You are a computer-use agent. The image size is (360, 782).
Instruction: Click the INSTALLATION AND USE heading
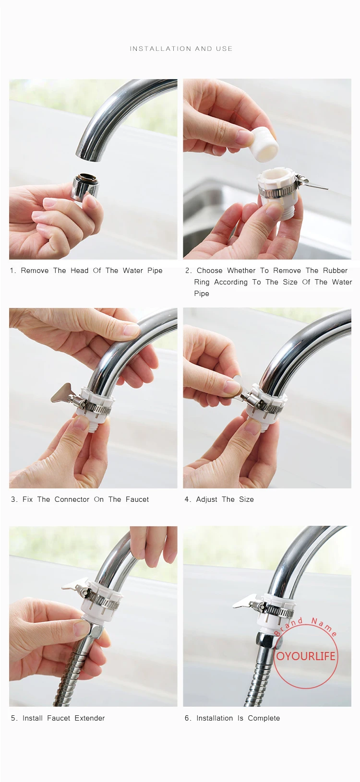[181, 48]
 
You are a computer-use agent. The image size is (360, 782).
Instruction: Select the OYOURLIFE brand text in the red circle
[306, 656]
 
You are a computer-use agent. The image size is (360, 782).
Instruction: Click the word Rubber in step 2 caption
[335, 271]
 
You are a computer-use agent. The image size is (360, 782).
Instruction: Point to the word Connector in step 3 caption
[72, 499]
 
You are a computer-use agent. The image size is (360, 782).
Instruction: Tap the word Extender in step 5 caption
[90, 718]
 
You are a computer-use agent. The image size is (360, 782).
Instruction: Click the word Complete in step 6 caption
[264, 718]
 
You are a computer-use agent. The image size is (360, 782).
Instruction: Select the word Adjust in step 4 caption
[207, 499]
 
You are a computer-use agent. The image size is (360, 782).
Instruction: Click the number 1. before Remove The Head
[13, 271]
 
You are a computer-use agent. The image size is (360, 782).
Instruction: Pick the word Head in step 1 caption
[79, 271]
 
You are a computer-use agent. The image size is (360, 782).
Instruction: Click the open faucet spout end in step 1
[89, 155]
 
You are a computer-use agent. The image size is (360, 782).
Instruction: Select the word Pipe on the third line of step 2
[202, 294]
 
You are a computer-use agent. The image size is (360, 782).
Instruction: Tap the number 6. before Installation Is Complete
[188, 718]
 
